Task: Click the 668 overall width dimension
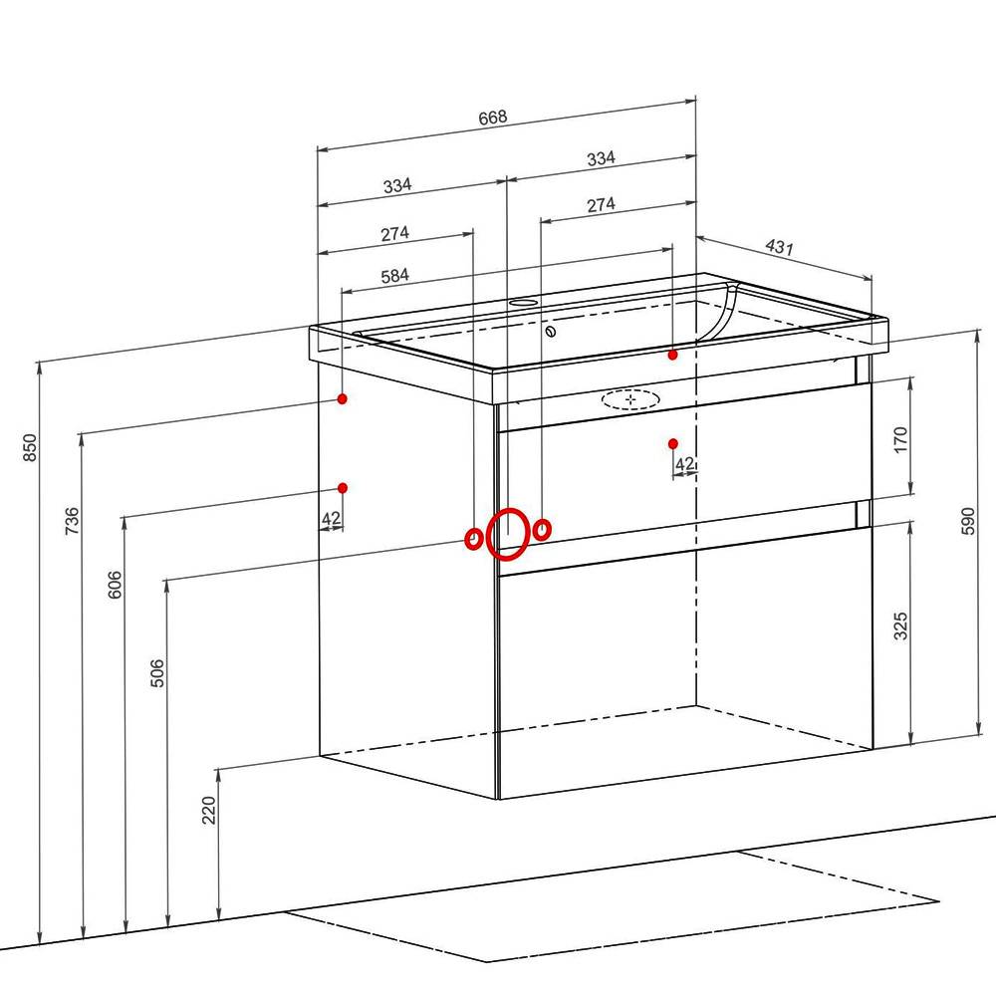493,118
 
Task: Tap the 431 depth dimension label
779,246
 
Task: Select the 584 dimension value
395,276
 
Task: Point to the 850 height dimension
30,448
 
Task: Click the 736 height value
73,520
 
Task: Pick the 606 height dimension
115,585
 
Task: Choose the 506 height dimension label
157,673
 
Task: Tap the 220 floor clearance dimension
209,810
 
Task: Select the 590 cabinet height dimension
967,521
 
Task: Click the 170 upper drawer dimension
900,439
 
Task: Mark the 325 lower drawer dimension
900,625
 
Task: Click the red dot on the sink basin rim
672,356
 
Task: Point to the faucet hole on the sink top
523,302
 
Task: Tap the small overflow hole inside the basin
551,331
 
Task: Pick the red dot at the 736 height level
343,399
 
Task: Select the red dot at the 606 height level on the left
343,488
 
